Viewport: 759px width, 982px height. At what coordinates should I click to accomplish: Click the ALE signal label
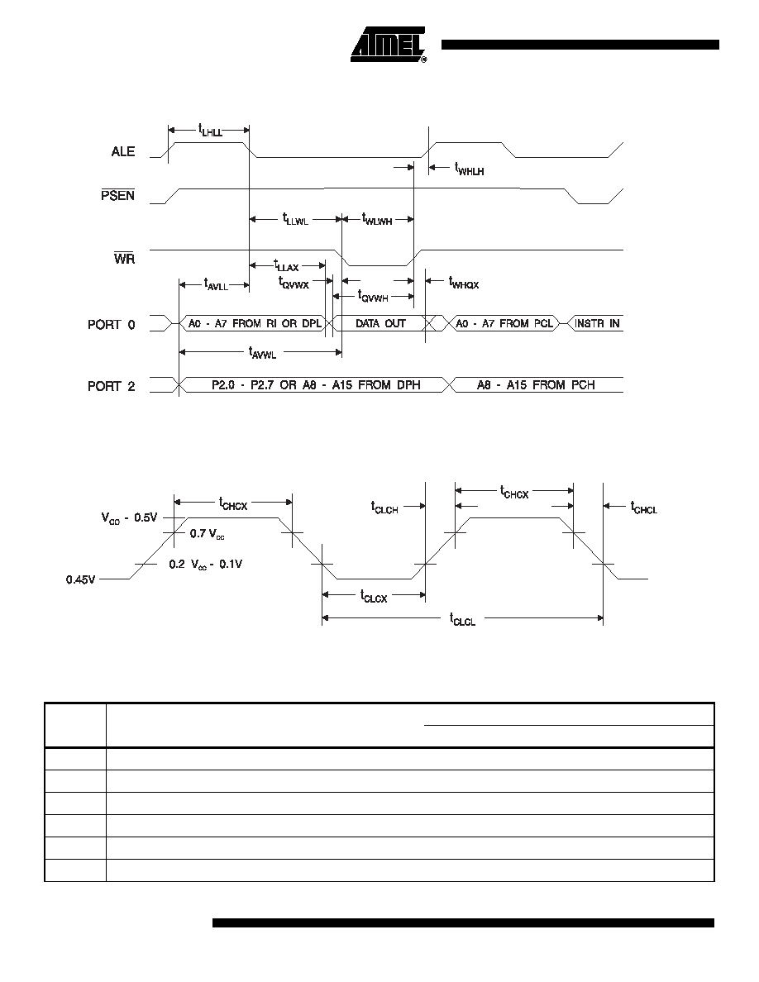click(123, 151)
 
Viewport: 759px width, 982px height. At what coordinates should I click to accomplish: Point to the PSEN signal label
click(117, 195)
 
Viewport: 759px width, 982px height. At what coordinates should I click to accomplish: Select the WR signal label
click(124, 258)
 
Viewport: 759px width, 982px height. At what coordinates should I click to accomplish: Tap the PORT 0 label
click(112, 324)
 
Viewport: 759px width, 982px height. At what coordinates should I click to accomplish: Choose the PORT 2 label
click(112, 386)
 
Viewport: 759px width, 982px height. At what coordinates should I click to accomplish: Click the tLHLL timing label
click(210, 131)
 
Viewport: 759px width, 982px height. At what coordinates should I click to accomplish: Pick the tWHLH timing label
click(469, 169)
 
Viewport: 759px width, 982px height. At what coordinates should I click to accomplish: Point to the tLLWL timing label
click(296, 219)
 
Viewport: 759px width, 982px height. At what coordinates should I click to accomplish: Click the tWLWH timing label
click(377, 218)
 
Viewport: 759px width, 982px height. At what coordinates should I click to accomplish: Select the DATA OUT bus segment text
click(381, 323)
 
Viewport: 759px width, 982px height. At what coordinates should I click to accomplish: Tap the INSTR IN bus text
click(597, 323)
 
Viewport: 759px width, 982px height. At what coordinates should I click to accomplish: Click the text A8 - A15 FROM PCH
click(536, 384)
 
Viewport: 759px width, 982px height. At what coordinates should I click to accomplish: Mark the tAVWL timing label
click(262, 353)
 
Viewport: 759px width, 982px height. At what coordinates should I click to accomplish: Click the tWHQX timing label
click(464, 282)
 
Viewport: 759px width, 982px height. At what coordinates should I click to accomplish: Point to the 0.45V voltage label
click(81, 579)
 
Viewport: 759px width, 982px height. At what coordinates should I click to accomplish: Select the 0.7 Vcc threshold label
click(208, 534)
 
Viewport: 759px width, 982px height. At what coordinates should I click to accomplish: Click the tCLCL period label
click(463, 619)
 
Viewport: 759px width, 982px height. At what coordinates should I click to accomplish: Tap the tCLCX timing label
click(374, 596)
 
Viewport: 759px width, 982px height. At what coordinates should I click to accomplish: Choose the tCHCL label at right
click(644, 508)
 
